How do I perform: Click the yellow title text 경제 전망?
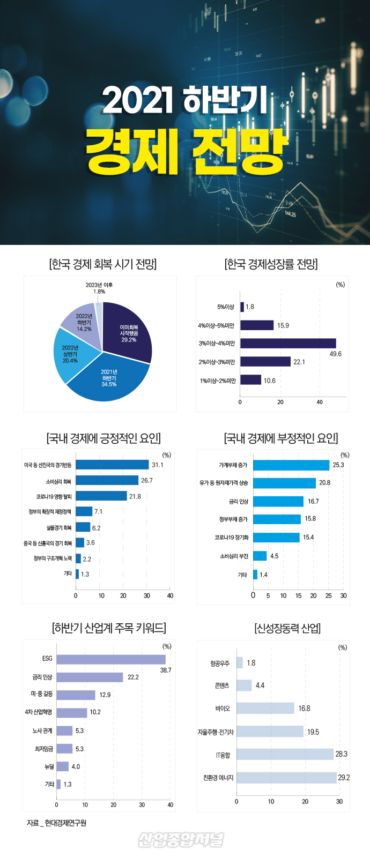(187, 151)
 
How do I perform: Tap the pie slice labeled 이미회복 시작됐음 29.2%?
(129, 333)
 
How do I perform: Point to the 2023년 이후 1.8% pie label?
(99, 288)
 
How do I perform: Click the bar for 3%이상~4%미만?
(288, 343)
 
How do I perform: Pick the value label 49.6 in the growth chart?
(336, 354)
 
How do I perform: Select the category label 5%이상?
(226, 307)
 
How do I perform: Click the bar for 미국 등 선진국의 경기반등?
(112, 465)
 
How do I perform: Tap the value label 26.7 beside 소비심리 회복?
(146, 480)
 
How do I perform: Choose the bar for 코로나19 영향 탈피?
(101, 496)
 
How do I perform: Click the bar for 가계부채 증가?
(291, 465)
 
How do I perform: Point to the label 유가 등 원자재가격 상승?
(224, 483)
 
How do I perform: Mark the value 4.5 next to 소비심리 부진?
(274, 556)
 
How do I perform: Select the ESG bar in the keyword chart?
(111, 659)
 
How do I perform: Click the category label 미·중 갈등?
(42, 694)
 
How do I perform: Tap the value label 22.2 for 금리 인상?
(133, 677)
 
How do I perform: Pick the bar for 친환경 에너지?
(286, 778)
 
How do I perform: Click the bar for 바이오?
(265, 709)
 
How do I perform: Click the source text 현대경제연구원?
(65, 823)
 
